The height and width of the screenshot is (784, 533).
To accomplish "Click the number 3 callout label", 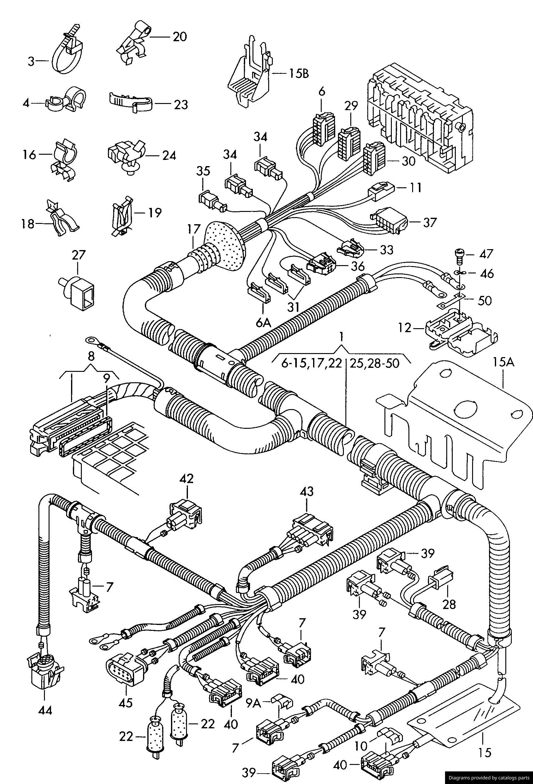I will pyautogui.click(x=31, y=62).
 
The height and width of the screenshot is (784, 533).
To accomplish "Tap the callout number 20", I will pyautogui.click(x=180, y=36).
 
